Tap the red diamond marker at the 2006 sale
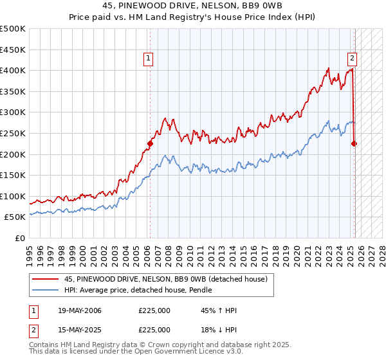pyautogui.click(x=150, y=144)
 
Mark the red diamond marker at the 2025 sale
pyautogui.click(x=354, y=144)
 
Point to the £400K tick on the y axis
pyautogui.click(x=13, y=70)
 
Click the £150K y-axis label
pyautogui.click(x=13, y=175)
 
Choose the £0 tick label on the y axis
pyautogui.click(x=19, y=238)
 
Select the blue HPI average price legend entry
pyautogui.click(x=152, y=291)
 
